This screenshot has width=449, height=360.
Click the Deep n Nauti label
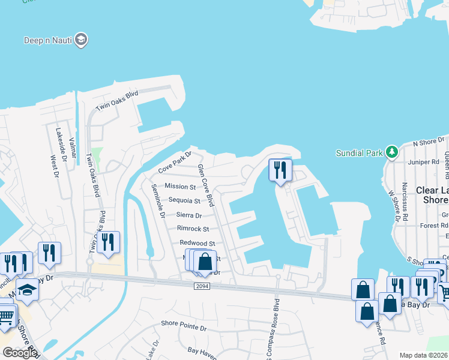(x=48, y=41)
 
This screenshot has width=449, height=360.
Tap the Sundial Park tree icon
(x=392, y=152)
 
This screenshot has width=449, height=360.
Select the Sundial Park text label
(x=359, y=153)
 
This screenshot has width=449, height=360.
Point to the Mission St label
(x=180, y=187)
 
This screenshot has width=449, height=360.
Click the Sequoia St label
(x=184, y=200)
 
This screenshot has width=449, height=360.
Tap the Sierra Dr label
(x=189, y=215)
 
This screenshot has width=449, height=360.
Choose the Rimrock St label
(x=193, y=229)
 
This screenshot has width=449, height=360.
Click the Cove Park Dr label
(x=174, y=163)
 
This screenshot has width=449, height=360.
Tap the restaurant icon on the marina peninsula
(x=280, y=170)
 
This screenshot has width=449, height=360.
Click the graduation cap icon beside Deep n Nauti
(x=82, y=40)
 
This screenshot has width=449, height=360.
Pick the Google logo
(x=19, y=353)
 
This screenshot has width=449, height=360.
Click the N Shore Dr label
(x=427, y=143)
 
